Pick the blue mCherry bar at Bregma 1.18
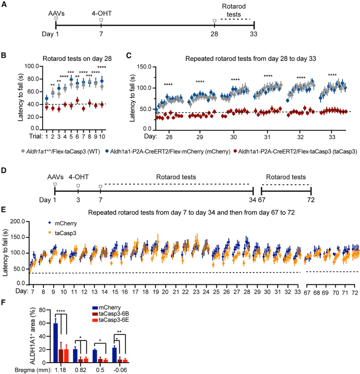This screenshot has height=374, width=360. [x=56, y=343]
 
